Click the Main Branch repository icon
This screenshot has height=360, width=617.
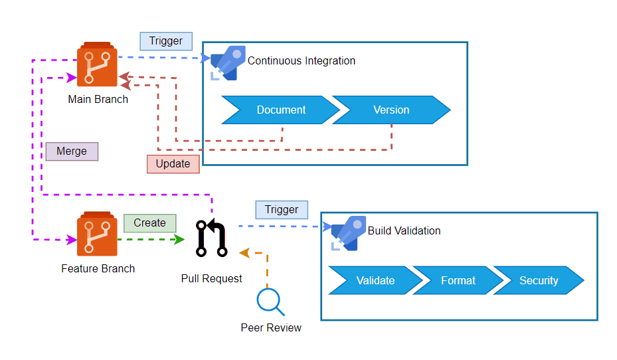point(98,64)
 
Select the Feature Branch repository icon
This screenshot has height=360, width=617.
point(97,234)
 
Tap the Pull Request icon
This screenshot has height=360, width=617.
point(211,239)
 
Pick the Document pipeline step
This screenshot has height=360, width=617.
point(280,110)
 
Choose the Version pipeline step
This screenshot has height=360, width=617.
point(391,110)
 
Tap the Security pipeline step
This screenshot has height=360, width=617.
point(539,280)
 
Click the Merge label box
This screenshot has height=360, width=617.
point(72,151)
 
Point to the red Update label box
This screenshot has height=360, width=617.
point(173,164)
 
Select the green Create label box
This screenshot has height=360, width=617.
point(149,223)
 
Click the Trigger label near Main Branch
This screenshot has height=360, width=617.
point(165,41)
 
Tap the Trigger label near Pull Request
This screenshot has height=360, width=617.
point(282,210)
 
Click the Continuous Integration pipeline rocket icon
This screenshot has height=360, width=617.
point(227,63)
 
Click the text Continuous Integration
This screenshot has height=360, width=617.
point(302,61)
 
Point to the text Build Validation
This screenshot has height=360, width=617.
point(404,231)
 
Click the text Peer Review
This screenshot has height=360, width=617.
point(271,328)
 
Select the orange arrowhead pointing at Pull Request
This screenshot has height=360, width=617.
point(244,253)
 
